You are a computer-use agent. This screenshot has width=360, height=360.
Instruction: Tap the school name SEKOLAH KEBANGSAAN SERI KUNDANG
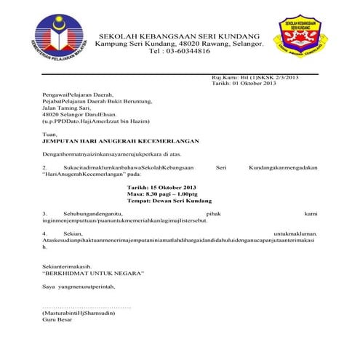coord(178,36)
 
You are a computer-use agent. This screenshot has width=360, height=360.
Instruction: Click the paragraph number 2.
coord(44,167)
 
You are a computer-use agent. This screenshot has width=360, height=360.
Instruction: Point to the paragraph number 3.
coord(44,213)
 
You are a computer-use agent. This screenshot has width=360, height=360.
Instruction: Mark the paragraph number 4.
coord(44,233)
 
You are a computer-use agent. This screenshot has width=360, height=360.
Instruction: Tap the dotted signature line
coord(87,306)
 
